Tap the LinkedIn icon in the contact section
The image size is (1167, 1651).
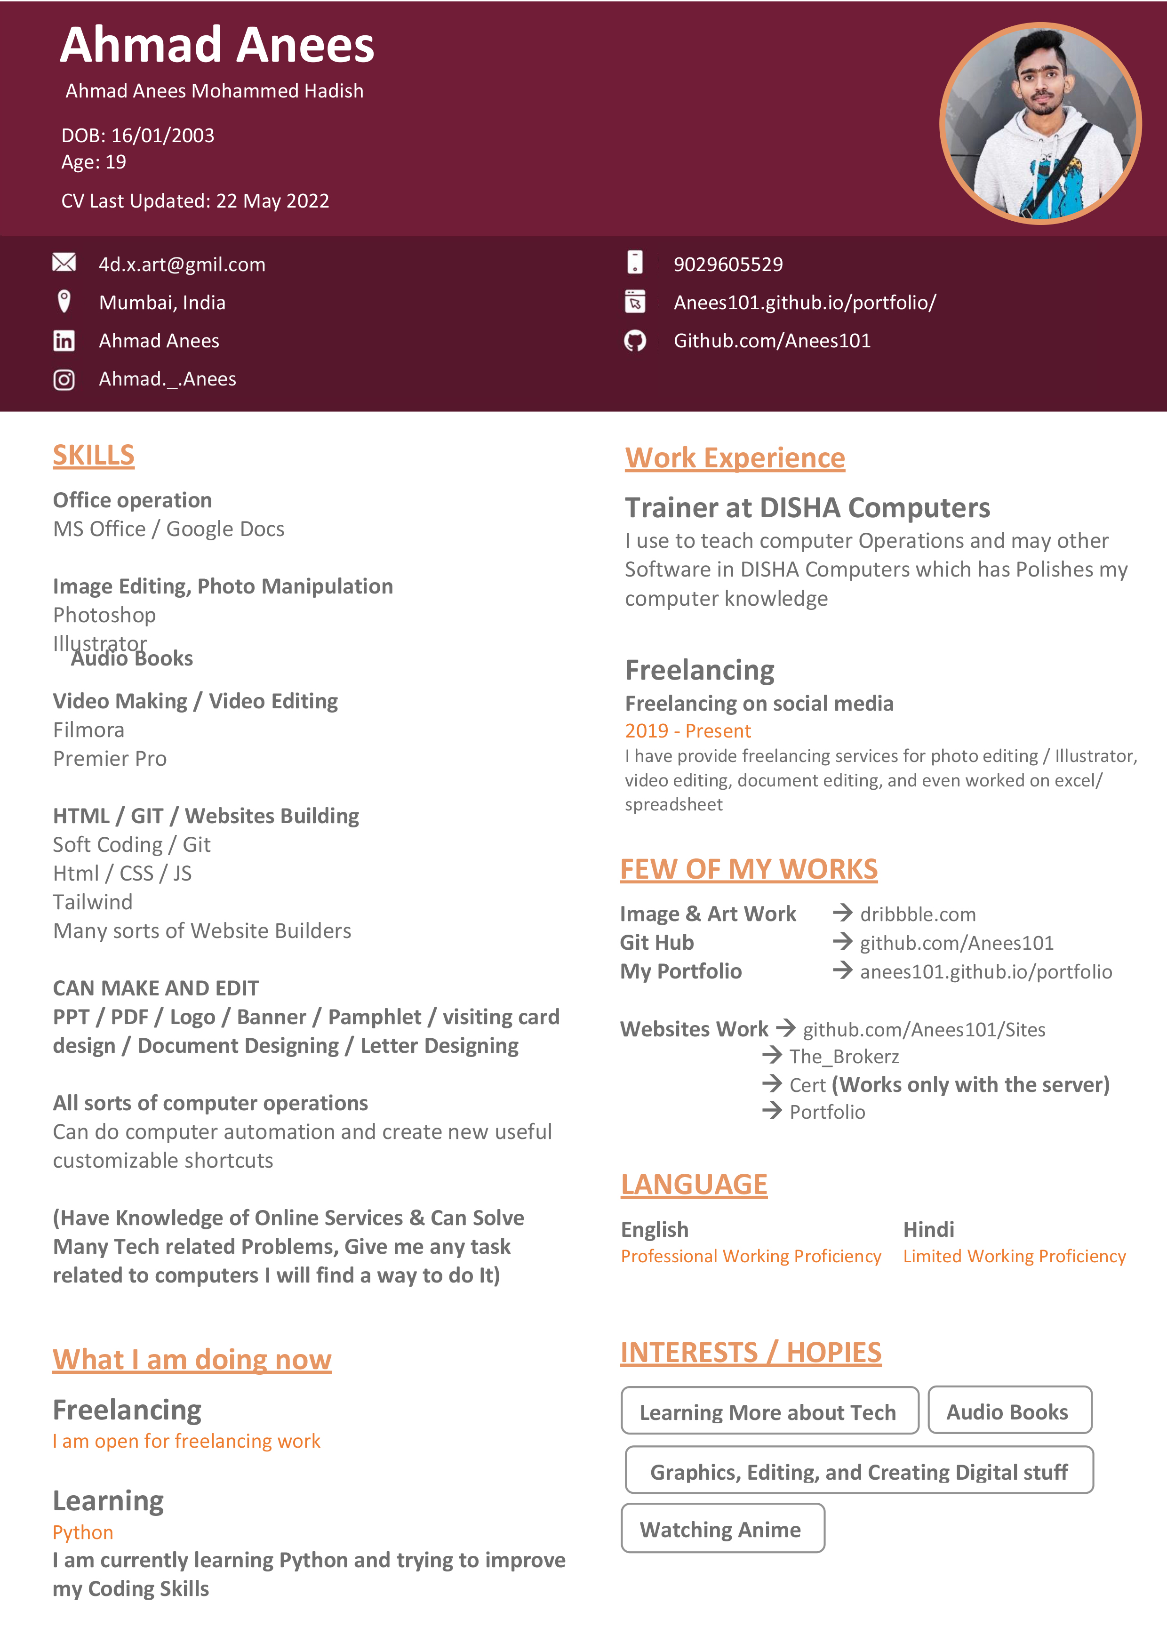click(64, 340)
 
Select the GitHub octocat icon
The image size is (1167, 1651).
click(635, 340)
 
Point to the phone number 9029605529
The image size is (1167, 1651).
click(727, 264)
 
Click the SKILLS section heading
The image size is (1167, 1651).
click(94, 455)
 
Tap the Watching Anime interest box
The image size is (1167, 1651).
click(722, 1529)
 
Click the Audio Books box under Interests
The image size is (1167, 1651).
click(1009, 1411)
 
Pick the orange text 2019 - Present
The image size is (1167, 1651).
click(687, 730)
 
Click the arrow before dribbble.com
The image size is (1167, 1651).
click(842, 913)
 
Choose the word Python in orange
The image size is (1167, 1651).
click(83, 1532)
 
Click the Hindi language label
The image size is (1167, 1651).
click(928, 1229)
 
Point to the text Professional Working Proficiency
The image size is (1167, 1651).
click(751, 1256)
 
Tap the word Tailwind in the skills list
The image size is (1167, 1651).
click(93, 902)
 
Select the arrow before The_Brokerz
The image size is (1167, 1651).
click(772, 1056)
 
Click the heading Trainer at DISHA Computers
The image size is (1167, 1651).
click(807, 508)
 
